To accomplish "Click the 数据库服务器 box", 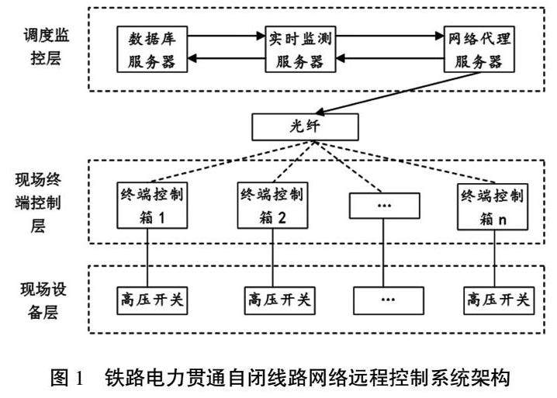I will click(153, 48).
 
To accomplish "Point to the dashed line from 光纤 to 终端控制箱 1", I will click(225, 160).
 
